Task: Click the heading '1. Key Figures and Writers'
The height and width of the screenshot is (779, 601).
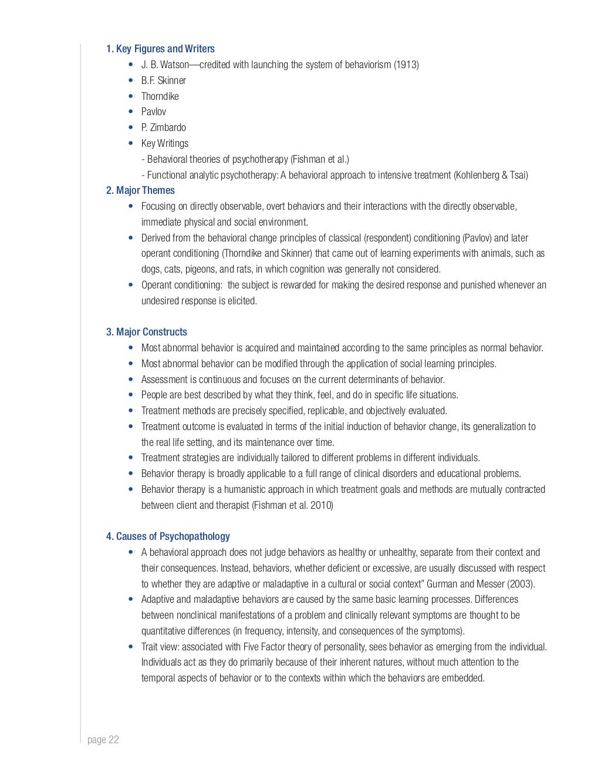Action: (160, 49)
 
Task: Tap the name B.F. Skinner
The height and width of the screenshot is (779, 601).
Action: (163, 80)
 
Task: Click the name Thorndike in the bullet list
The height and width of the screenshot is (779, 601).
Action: (160, 96)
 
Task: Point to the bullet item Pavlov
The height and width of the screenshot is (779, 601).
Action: (153, 112)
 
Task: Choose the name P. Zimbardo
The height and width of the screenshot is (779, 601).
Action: (163, 127)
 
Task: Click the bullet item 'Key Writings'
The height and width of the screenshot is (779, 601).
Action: (164, 143)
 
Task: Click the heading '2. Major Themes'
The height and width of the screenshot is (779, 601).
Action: (140, 190)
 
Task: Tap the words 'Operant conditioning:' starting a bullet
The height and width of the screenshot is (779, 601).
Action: (183, 285)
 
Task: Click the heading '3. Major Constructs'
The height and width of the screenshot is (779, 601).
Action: (147, 332)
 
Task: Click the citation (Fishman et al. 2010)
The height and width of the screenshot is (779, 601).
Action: (292, 505)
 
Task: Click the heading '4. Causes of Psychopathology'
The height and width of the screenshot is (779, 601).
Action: (168, 536)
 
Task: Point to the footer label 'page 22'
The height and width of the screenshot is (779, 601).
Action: (103, 740)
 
